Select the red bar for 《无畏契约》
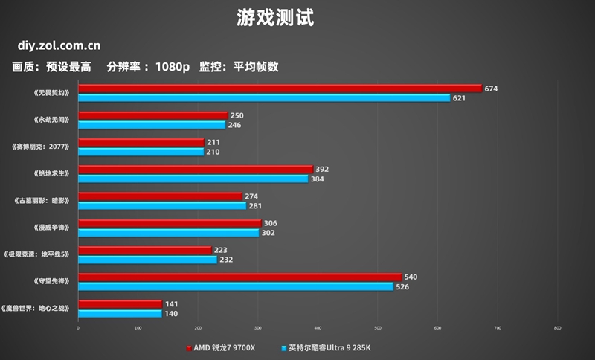coord(280,89)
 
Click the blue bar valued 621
coord(264,98)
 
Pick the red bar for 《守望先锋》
coord(239,277)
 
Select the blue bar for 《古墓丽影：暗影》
coord(162,206)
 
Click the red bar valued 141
coord(120,304)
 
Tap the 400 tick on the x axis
coord(318,327)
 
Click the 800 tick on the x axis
coord(557,327)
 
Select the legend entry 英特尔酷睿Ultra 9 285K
coord(328,347)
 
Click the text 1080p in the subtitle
coord(172,67)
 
